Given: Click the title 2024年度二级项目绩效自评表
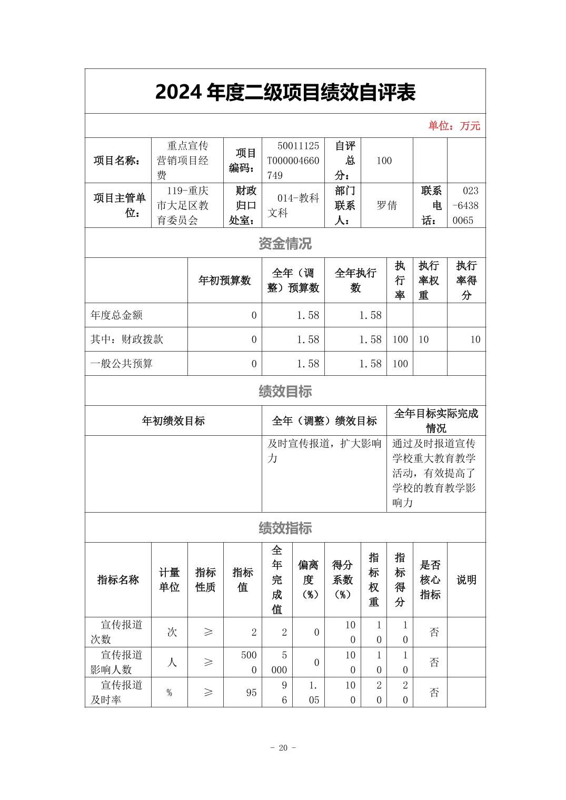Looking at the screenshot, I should pos(285,92).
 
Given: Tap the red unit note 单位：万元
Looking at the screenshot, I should pos(454,126).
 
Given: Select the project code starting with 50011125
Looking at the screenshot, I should pos(293,161).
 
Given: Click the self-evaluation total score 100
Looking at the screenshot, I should pos(384,161).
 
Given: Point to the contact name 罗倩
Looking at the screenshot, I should pos(386,206).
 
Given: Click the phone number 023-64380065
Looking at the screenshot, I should pos(466,206).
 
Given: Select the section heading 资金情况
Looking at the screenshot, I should pos(285,243).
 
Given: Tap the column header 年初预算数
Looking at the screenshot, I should pos(224,281).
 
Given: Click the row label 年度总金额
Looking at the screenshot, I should pos(116,315).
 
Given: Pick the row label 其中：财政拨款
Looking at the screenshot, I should pos(127,339).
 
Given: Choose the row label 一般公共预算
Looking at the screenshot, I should pos(122,364).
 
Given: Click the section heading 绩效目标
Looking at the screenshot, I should pos(285,391).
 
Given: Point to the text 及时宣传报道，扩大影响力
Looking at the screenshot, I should pos(324,451).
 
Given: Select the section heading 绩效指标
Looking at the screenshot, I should pos(285,528).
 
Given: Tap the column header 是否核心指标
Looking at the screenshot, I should pos(430,579).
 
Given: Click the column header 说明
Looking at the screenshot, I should pos(466,579).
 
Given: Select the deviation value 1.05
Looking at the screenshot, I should pos(314,693).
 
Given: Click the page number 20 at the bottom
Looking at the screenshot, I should pos(283,748).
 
